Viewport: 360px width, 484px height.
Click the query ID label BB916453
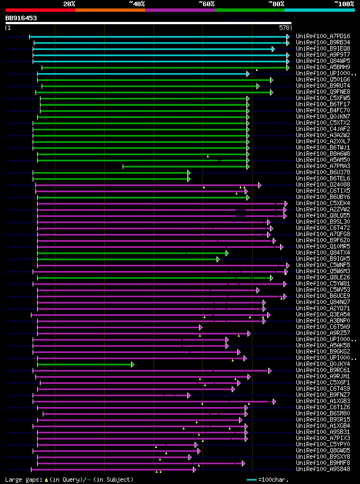pyautogui.click(x=21, y=18)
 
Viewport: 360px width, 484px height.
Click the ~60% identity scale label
pyautogui.click(x=206, y=3)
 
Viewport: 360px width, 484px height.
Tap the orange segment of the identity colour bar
pyautogui.click(x=110, y=10)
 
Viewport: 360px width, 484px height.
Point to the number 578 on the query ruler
pyautogui.click(x=285, y=27)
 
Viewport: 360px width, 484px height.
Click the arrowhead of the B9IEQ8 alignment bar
pyautogui.click(x=273, y=49)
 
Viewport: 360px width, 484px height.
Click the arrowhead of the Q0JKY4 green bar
pyautogui.click(x=133, y=364)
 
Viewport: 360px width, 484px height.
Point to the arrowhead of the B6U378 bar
pyautogui.click(x=189, y=173)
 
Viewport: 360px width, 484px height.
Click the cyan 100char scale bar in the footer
pyautogui.click(x=251, y=480)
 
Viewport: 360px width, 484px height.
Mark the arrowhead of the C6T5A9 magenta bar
pyautogui.click(x=200, y=327)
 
